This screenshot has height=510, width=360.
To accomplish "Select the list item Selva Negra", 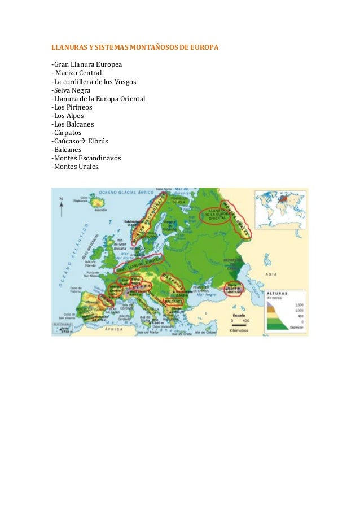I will pos(71,90).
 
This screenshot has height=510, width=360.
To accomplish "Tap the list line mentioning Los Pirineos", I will pos(72,107).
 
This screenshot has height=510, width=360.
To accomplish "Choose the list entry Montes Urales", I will pos(74,166).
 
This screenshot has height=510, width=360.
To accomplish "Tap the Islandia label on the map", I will pos(100,210).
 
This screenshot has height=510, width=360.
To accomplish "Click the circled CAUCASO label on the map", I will pos(233,290).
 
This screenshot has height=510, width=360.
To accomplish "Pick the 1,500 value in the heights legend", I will pos(297,304).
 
